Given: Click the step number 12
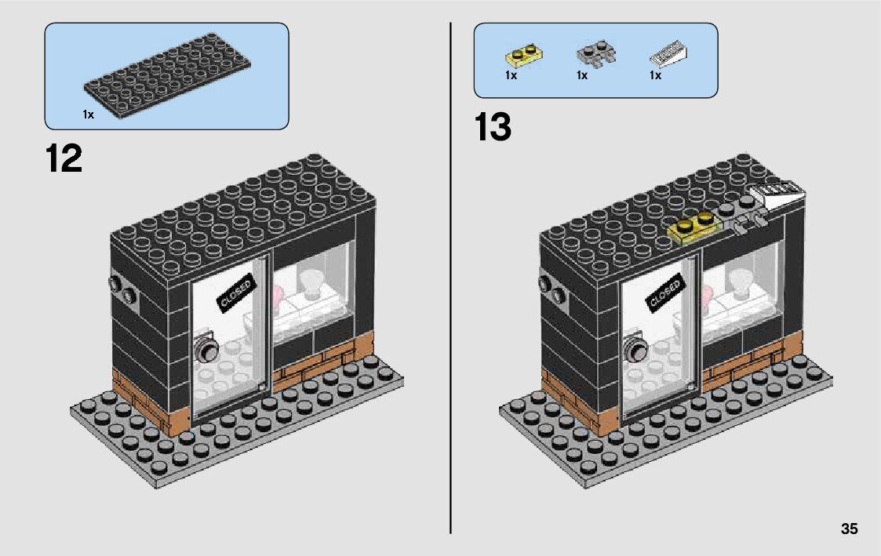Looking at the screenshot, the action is coord(64,159).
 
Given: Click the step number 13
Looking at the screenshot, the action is coord(493,128).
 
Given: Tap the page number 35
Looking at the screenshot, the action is coord(849,529).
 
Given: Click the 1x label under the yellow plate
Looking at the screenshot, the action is coord(511,76).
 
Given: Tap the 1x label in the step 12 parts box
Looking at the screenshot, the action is coord(88,114).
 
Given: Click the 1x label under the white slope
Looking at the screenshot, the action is coord(655,76).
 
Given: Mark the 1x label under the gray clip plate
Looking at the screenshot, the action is coord(582,76).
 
